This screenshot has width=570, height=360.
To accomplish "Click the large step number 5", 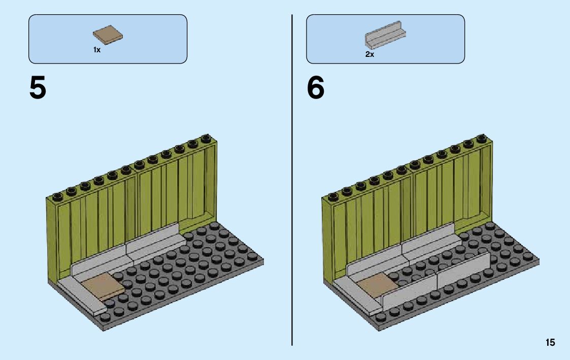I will [38, 88].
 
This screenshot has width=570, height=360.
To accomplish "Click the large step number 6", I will [315, 88].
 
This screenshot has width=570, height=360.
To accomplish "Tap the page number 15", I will [550, 343].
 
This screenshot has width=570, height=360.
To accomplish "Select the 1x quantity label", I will [96, 50].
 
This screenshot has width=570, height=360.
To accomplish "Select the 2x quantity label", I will [370, 54].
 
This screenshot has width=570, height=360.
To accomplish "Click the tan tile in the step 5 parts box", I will [109, 34].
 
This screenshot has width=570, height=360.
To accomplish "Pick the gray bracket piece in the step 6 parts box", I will [385, 36].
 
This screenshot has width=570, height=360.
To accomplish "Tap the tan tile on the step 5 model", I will [104, 287].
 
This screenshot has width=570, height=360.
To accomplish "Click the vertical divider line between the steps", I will [292, 203].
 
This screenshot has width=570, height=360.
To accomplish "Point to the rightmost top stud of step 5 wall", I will [206, 138].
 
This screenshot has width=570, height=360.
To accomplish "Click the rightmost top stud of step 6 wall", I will [482, 138].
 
